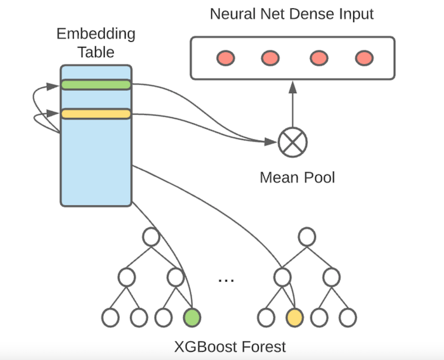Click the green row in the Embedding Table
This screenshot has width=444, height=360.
tap(96, 84)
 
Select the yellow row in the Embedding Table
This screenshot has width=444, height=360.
tap(96, 114)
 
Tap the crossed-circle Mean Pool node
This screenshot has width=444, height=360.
tap(292, 141)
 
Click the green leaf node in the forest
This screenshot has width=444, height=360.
tap(191, 316)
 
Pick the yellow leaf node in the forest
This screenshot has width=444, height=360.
tap(294, 316)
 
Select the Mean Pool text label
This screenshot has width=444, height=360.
tap(297, 177)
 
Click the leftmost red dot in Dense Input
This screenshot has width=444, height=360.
tap(225, 58)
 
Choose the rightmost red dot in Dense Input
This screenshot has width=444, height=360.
tap(363, 58)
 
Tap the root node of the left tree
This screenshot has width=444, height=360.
tap(151, 237)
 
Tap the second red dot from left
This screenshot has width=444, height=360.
tap(271, 58)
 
